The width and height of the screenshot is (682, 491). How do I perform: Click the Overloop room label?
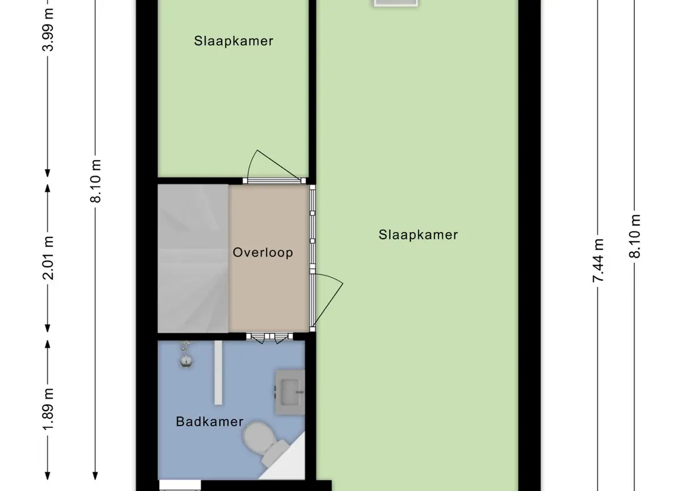(263, 252)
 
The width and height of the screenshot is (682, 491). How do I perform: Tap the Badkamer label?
(210, 421)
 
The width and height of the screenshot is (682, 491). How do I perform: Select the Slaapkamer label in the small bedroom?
(233, 41)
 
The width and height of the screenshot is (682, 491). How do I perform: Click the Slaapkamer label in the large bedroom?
(418, 234)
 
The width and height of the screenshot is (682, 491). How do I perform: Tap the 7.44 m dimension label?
(599, 261)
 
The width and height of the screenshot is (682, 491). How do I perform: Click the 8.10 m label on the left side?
(96, 181)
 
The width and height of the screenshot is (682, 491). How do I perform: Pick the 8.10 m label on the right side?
(635, 236)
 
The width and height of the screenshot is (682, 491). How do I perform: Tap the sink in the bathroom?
(289, 392)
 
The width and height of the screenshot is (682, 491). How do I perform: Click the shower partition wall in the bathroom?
(218, 373)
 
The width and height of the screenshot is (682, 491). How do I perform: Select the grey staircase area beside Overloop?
(192, 258)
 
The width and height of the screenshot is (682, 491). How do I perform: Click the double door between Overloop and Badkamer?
(270, 337)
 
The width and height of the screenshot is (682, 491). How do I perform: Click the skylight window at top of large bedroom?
(396, 3)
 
